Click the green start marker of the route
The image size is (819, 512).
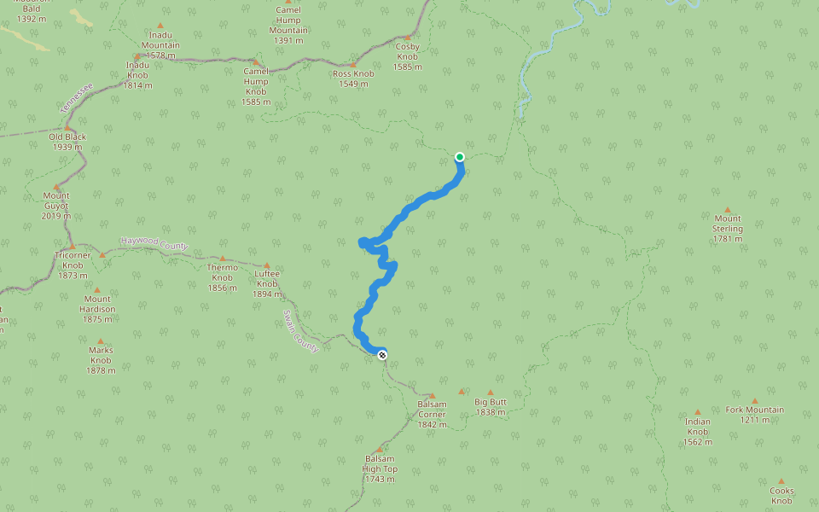pyautogui.click(x=460, y=156)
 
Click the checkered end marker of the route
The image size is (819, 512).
pyautogui.click(x=382, y=355)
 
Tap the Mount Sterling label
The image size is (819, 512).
pyautogui.click(x=728, y=228)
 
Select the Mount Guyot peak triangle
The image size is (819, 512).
pyautogui.click(x=57, y=187)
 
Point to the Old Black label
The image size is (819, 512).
pyautogui.click(x=66, y=142)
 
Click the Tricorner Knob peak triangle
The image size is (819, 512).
pyautogui.click(x=72, y=247)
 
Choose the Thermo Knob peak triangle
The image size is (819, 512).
pyautogui.click(x=223, y=259)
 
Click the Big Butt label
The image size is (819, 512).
pyautogui.click(x=491, y=406)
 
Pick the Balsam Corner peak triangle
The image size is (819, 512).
pyautogui.click(x=432, y=396)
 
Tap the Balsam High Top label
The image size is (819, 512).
pyautogui.click(x=380, y=468)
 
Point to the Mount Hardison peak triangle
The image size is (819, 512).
pyautogui.click(x=96, y=290)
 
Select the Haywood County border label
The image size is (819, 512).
pyautogui.click(x=154, y=244)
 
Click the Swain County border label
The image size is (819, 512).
pyautogui.click(x=301, y=331)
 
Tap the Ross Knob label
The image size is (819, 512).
pyautogui.click(x=353, y=79)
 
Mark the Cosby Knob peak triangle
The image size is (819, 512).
pyautogui.click(x=407, y=38)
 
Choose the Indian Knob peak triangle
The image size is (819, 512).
pyautogui.click(x=697, y=412)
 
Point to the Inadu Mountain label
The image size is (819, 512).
pyautogui.click(x=160, y=40)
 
